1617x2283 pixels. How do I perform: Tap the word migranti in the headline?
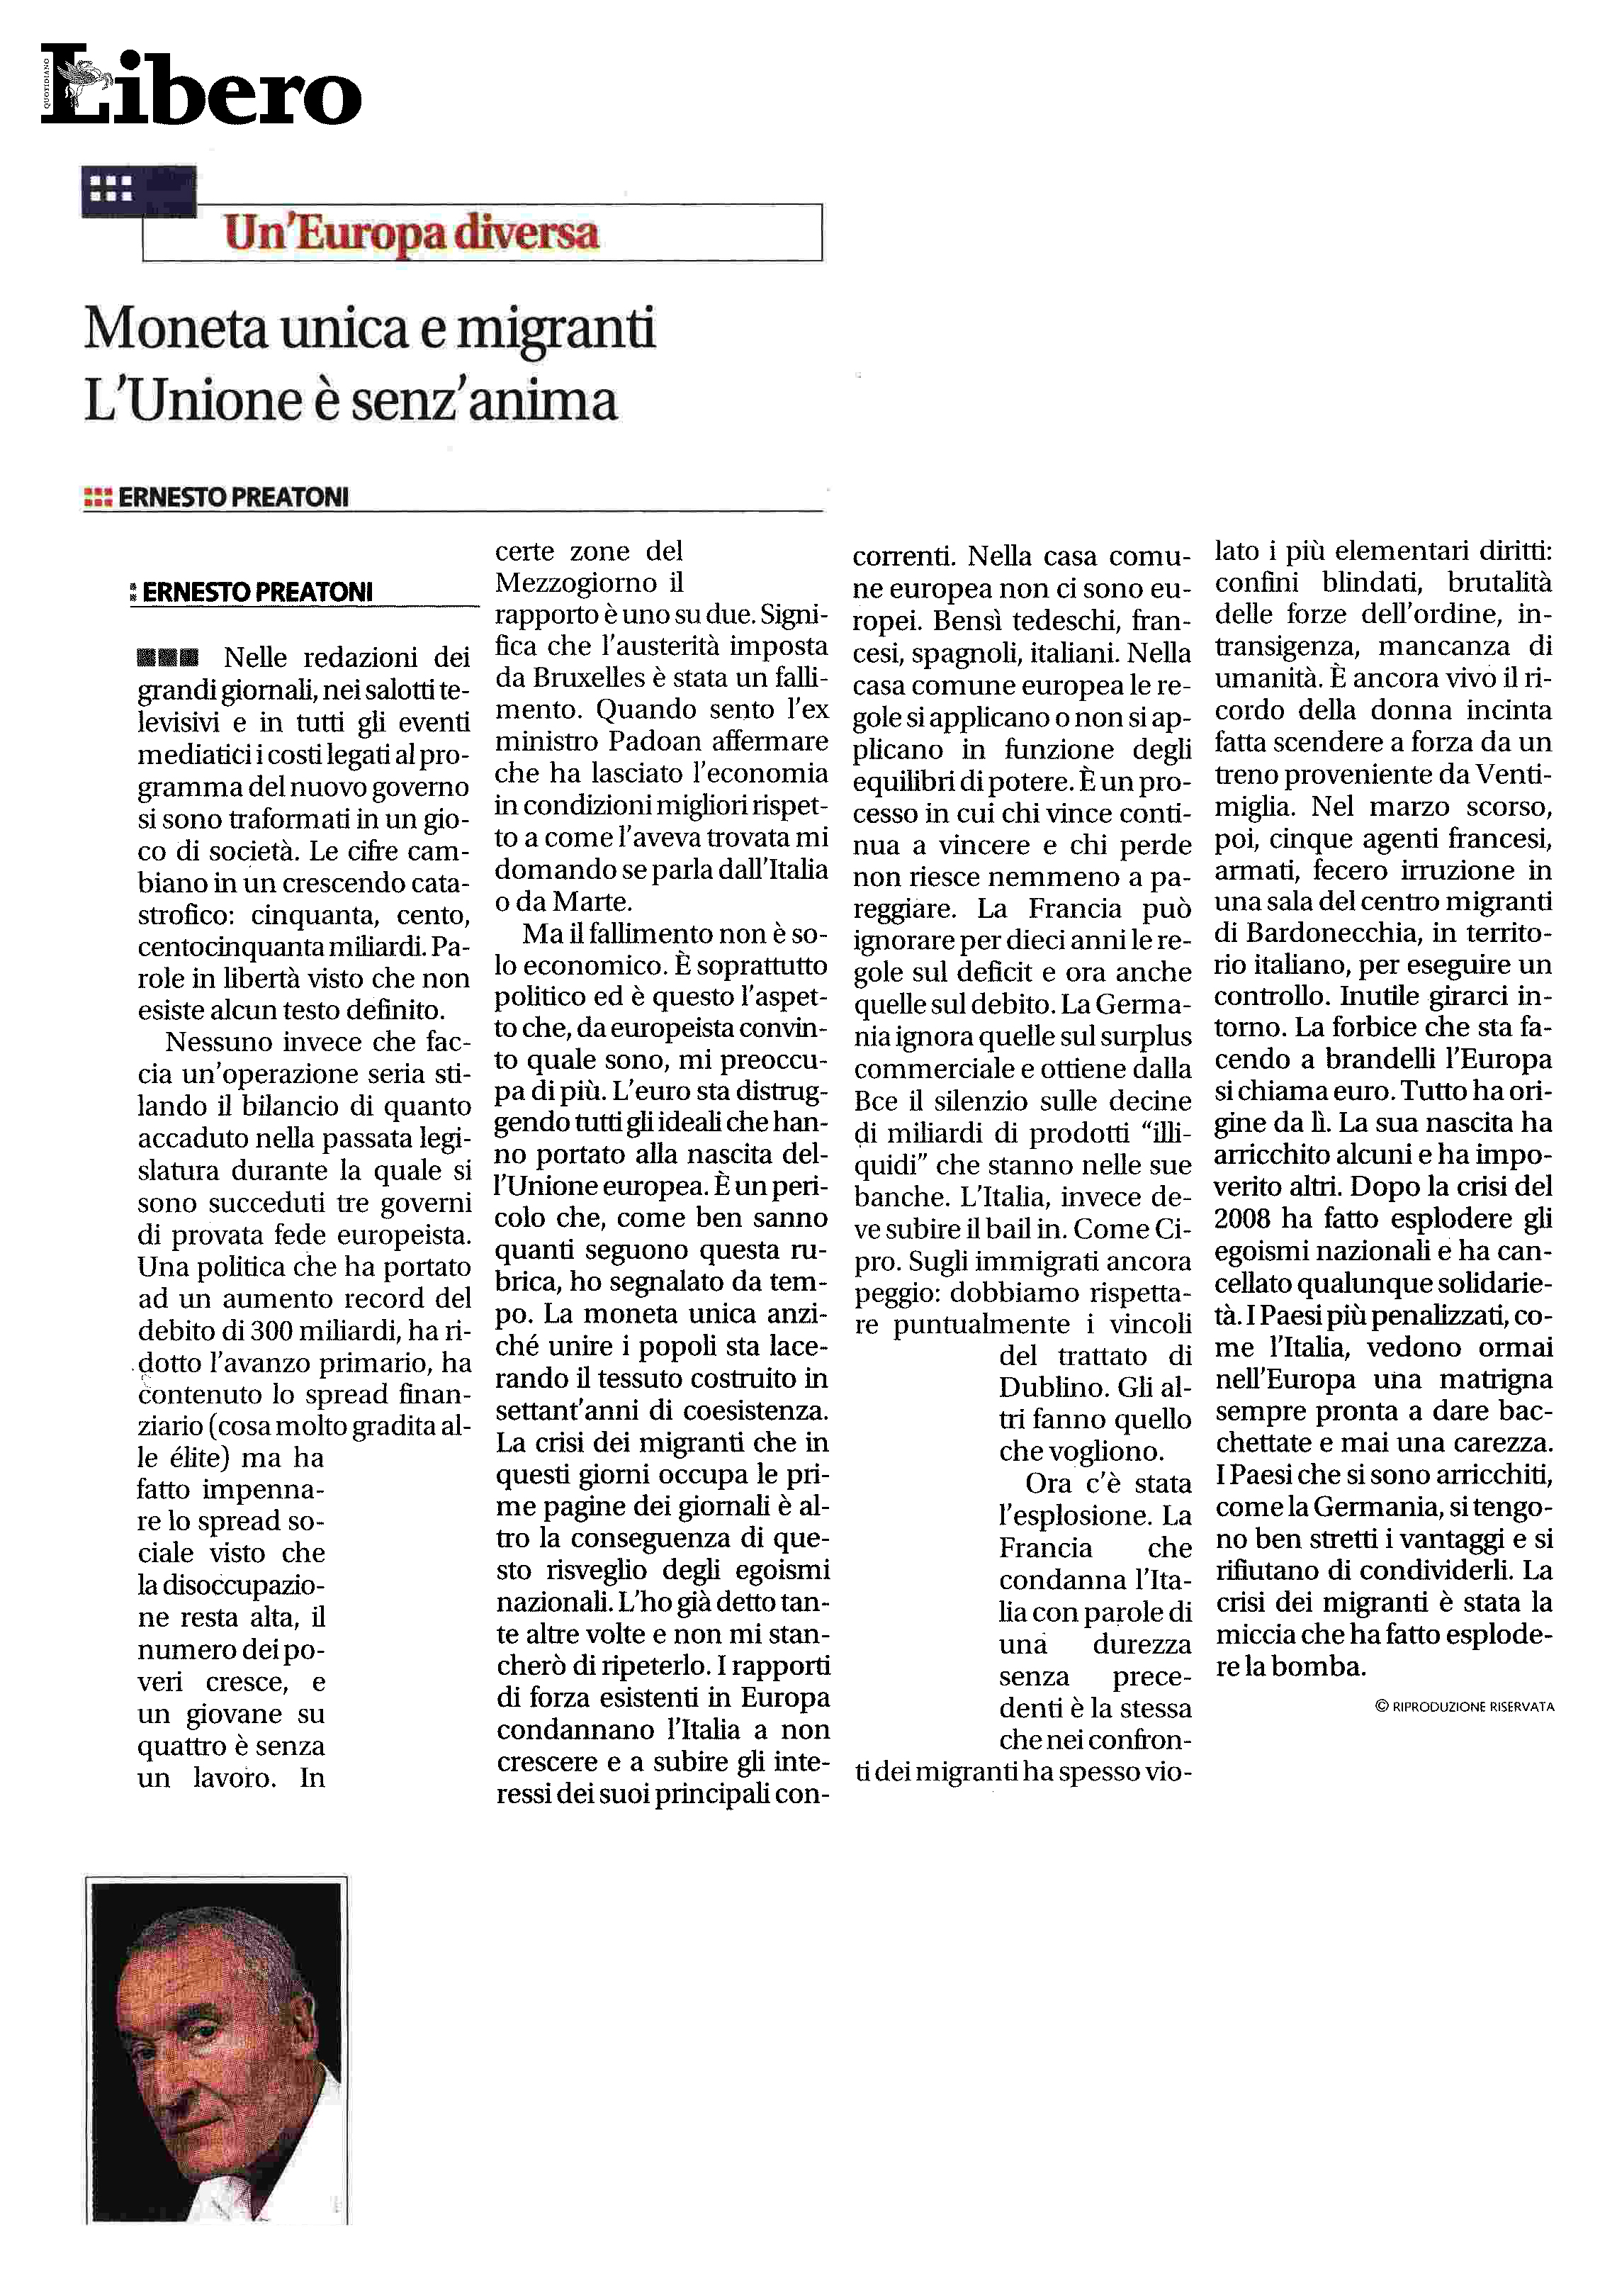click(556, 330)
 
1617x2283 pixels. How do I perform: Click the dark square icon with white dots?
click(111, 189)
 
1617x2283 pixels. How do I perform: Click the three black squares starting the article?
click(168, 658)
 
